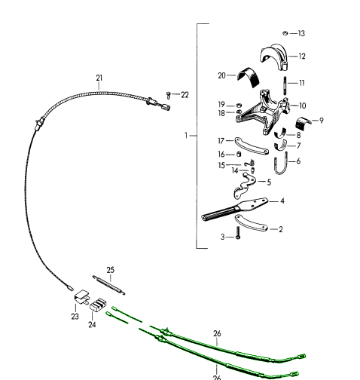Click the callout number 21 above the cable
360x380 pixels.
[99, 78]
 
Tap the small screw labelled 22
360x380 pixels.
[169, 95]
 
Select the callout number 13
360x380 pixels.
[301, 33]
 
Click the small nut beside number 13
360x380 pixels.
[285, 33]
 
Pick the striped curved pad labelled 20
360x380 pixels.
[249, 77]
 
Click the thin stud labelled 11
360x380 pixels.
[285, 86]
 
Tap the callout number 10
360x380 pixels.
[303, 106]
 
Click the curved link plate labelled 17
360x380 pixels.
[252, 146]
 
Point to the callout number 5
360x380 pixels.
[269, 182]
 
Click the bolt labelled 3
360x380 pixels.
[238, 233]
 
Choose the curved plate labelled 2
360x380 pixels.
[251, 223]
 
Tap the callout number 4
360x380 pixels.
[282, 201]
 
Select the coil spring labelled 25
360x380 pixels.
[108, 285]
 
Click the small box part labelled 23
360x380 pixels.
[81, 296]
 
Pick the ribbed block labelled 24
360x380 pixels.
[98, 305]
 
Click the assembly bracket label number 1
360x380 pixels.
[186, 136]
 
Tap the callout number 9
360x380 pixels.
[322, 121]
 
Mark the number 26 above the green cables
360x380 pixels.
[217, 333]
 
